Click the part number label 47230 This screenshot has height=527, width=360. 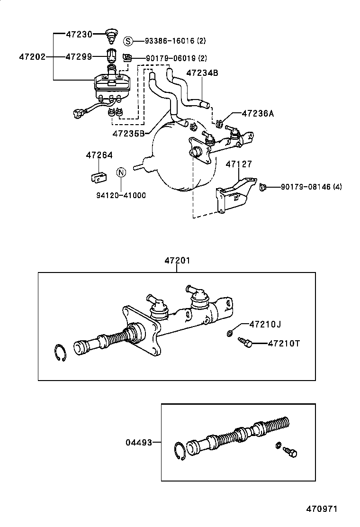(x=79, y=34)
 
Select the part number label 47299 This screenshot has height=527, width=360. (x=79, y=57)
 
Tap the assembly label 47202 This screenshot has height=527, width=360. (x=32, y=57)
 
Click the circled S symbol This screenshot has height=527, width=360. (x=128, y=41)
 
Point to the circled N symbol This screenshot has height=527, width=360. (x=121, y=172)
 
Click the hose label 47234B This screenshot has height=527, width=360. (x=202, y=73)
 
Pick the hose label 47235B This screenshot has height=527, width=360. (x=128, y=133)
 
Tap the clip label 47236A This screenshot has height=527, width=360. (x=258, y=114)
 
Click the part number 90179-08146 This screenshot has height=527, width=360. (x=306, y=187)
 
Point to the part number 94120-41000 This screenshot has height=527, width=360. (x=121, y=195)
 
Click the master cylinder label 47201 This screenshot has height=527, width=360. (x=177, y=260)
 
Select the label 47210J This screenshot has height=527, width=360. (x=265, y=324)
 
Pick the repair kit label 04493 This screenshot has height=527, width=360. (x=139, y=443)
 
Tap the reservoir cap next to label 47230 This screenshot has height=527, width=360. (x=112, y=35)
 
